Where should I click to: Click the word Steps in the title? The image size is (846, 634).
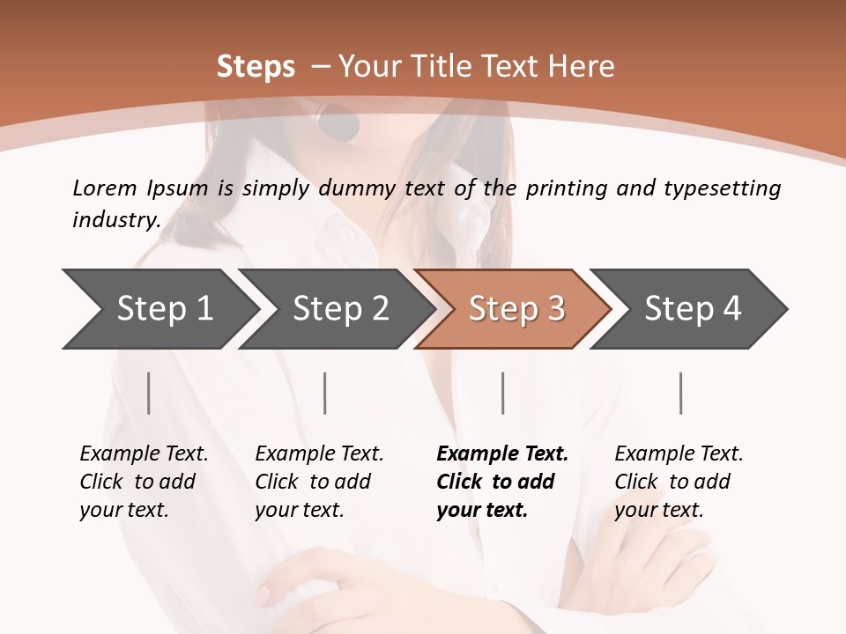(x=256, y=67)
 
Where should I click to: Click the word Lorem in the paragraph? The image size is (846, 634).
(x=104, y=188)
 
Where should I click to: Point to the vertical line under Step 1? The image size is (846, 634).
(x=149, y=394)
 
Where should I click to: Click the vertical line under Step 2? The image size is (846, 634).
(x=325, y=394)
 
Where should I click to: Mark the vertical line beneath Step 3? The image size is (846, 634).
(x=503, y=394)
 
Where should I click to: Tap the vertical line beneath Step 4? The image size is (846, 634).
(x=681, y=394)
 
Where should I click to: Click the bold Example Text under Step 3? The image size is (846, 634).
(x=502, y=454)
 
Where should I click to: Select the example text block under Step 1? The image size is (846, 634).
(x=144, y=482)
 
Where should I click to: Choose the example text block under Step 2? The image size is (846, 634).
(x=319, y=482)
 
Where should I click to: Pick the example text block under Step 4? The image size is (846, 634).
(x=679, y=482)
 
